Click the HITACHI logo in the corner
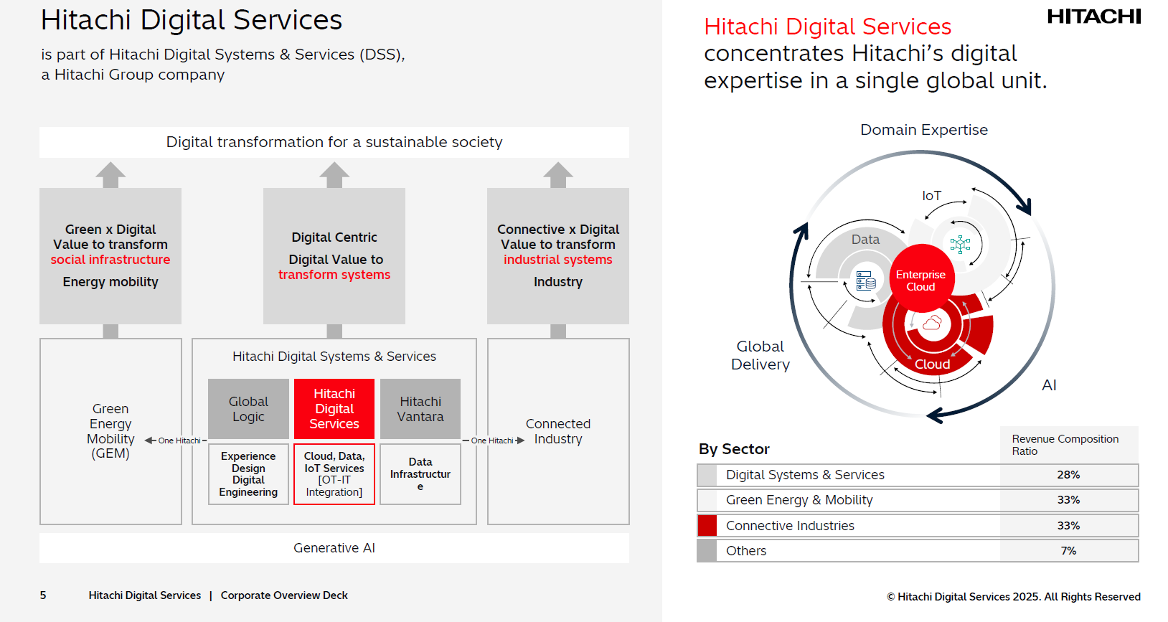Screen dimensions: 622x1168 coord(1093,17)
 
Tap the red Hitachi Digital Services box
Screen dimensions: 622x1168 coord(334,409)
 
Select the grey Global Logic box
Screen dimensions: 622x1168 coord(248,409)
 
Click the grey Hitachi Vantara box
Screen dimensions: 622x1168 coord(420,409)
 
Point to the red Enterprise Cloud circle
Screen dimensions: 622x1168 coord(920,280)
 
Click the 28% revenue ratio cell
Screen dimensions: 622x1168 coord(1068,475)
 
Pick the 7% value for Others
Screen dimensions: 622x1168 coord(1068,551)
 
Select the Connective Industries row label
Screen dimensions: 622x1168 coord(790,526)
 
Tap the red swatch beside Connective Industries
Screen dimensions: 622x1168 coord(707,526)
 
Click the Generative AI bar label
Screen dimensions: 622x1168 coord(334,548)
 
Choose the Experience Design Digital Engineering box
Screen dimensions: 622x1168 coord(248,474)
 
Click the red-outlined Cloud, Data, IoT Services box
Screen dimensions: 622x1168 coord(334,474)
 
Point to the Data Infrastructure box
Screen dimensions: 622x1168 coord(420,474)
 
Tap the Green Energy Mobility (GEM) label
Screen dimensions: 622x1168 coord(110,430)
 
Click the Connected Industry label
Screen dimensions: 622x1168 coord(558,431)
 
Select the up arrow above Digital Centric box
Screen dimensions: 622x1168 coord(334,174)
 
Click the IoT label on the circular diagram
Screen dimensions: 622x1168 coord(931,196)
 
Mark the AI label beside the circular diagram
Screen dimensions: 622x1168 coord(1049,385)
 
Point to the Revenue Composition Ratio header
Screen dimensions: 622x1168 coord(1065,445)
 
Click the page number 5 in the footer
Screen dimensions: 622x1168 coord(43,595)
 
